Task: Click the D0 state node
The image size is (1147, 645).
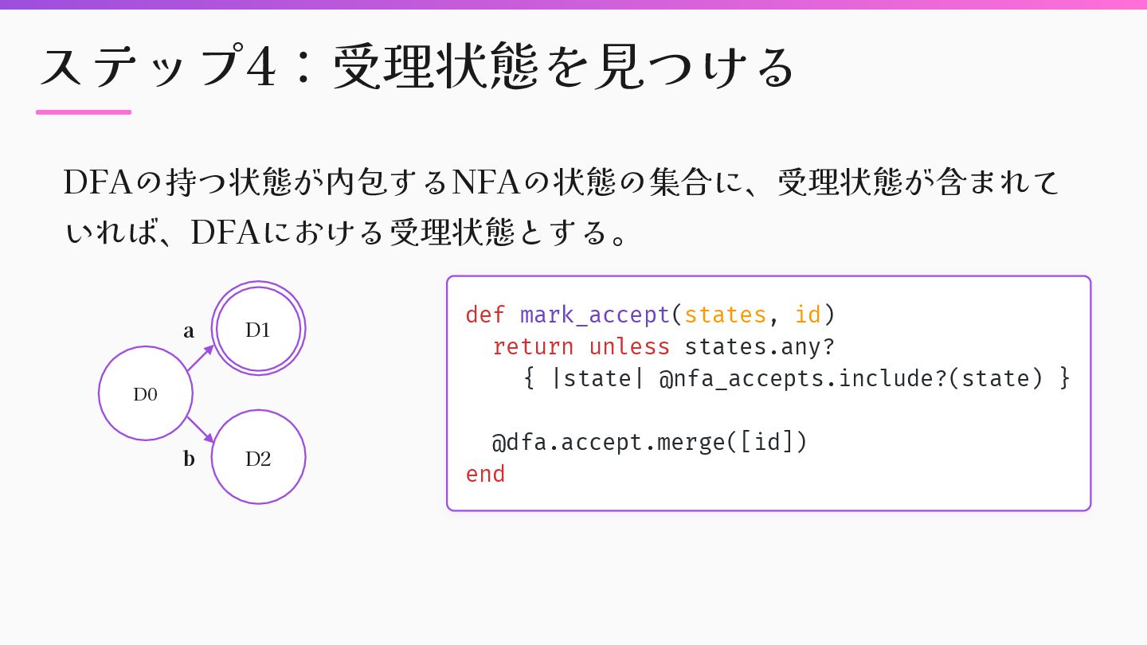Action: click(x=146, y=393)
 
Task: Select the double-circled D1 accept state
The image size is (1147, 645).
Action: click(x=258, y=330)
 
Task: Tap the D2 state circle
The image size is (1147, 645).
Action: click(x=258, y=457)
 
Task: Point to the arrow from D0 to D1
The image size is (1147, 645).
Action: click(x=201, y=358)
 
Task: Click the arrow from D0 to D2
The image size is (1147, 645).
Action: click(x=201, y=429)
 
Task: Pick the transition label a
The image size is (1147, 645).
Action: click(x=189, y=331)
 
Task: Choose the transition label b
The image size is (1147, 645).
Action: click(x=189, y=459)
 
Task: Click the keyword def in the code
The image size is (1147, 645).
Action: click(x=485, y=315)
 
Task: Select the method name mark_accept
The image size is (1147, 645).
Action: click(x=594, y=315)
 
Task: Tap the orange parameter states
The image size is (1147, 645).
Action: click(x=725, y=315)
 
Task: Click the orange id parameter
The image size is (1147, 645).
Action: click(x=808, y=315)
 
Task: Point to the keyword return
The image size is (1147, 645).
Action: click(x=533, y=346)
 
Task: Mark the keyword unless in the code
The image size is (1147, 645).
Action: click(x=629, y=346)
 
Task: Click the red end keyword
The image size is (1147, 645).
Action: click(x=485, y=474)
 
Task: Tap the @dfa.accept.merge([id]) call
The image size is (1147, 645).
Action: click(x=650, y=442)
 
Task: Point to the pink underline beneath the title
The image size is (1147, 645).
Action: click(x=84, y=112)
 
